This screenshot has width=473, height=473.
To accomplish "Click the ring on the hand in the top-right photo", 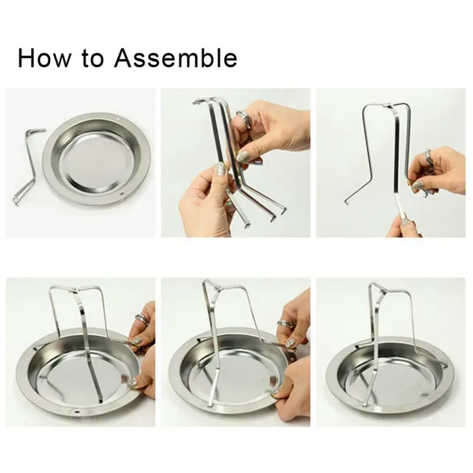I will (x=427, y=156).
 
